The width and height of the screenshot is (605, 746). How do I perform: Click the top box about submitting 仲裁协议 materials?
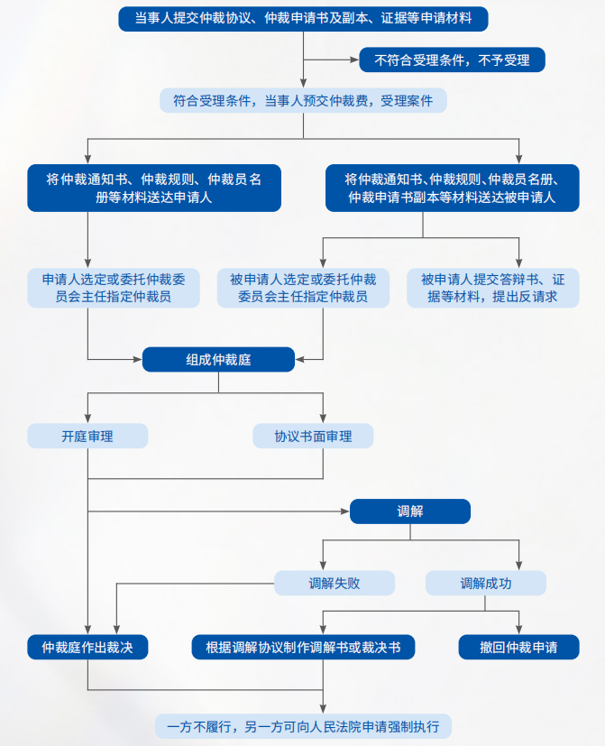tap(303, 19)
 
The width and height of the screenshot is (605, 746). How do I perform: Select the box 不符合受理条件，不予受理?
tap(452, 60)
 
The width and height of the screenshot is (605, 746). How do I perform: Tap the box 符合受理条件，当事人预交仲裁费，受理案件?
tap(303, 100)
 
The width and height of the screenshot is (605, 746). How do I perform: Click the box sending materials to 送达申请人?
tap(154, 188)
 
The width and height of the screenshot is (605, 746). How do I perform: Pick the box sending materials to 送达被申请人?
tap(453, 188)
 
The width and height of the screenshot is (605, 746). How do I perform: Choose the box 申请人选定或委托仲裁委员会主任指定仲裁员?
tap(114, 288)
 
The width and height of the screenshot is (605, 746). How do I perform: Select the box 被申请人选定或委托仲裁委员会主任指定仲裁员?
tap(304, 288)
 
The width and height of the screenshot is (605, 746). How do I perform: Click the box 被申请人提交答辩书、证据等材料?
tap(493, 288)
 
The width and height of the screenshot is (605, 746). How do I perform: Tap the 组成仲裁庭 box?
tap(219, 359)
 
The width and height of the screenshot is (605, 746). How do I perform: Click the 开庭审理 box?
tap(87, 436)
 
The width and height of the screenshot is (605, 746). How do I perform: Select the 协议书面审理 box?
tap(313, 436)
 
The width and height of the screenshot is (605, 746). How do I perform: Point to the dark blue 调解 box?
tap(410, 511)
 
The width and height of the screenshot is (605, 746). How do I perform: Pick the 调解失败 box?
tap(335, 583)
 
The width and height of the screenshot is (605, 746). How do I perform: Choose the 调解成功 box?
tap(486, 583)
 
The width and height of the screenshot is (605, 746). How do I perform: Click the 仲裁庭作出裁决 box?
tap(87, 647)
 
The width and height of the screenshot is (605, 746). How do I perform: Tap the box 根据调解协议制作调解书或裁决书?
tap(303, 647)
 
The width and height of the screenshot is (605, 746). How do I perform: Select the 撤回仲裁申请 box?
tap(519, 647)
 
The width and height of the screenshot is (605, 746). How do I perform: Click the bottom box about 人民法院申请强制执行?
tap(303, 726)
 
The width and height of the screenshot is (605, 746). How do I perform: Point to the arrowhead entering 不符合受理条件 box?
tap(355, 60)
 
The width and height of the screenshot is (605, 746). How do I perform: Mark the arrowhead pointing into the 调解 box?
tap(345, 511)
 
